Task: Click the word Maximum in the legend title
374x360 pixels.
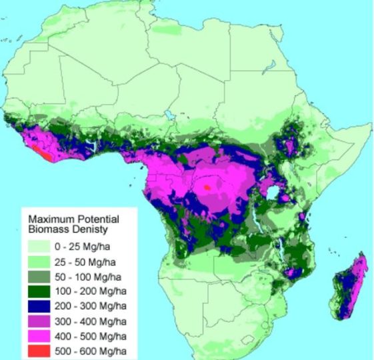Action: pyautogui.click(x=47, y=217)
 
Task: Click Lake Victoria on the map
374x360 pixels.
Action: pyautogui.click(x=273, y=193)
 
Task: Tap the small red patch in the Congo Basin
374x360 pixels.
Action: pyautogui.click(x=208, y=188)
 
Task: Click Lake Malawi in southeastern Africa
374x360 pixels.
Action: pyautogui.click(x=283, y=254)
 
